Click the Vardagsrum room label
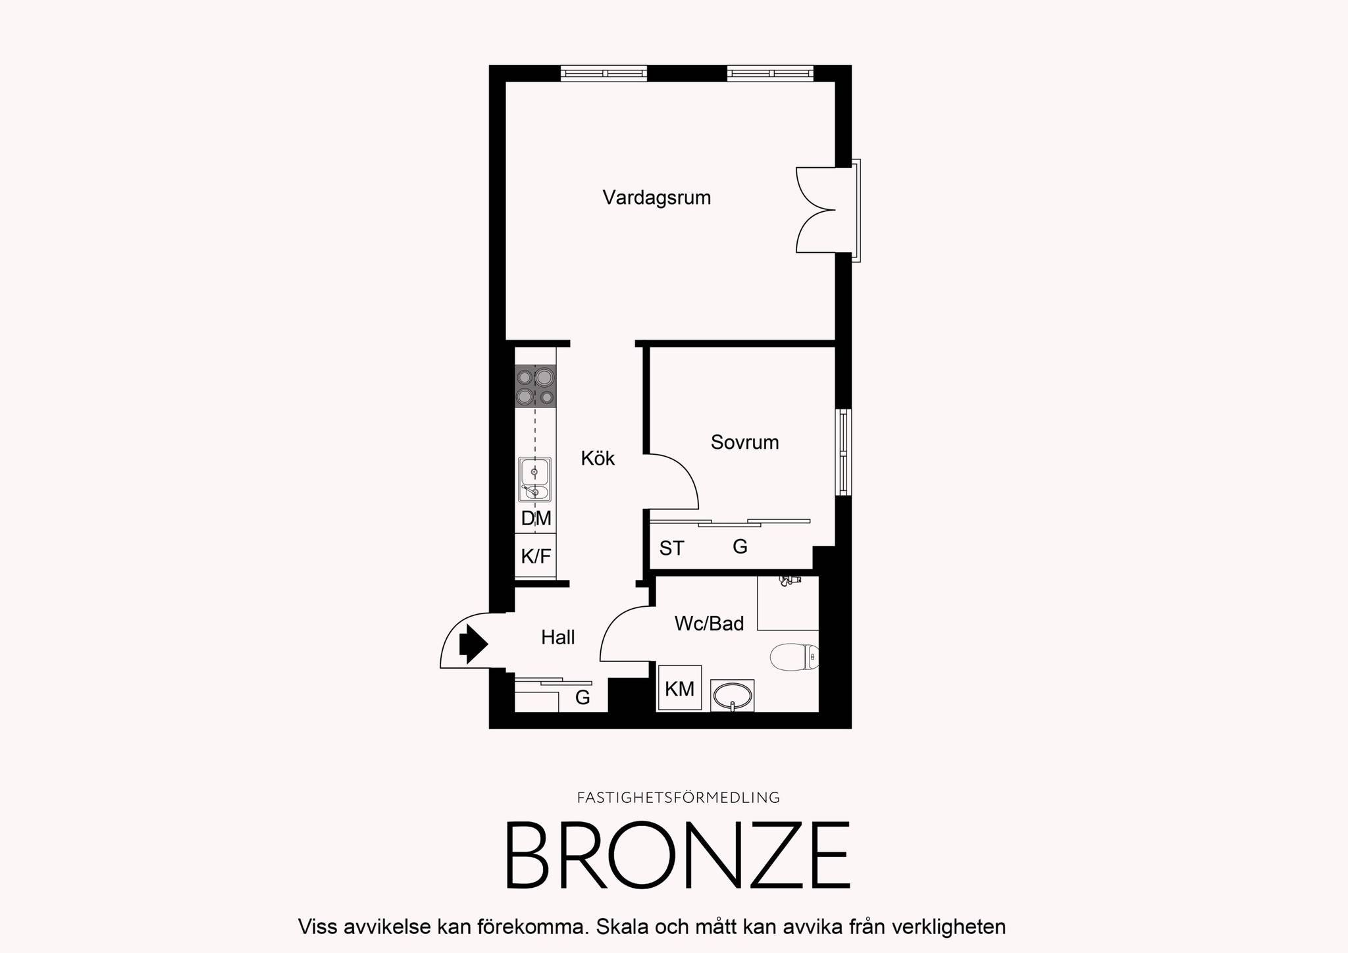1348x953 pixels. (657, 198)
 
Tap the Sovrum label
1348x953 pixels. (744, 442)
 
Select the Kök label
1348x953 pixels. (598, 458)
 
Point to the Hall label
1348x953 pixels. (558, 637)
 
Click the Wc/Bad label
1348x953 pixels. (709, 623)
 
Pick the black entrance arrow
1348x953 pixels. (473, 644)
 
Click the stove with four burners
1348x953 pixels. (535, 386)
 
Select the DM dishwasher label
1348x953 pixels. (536, 519)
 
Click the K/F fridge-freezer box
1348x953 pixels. (535, 555)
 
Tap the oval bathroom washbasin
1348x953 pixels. (732, 695)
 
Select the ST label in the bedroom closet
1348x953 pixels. (672, 548)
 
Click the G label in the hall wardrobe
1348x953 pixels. (583, 698)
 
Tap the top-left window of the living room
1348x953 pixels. (604, 73)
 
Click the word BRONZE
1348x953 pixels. (677, 855)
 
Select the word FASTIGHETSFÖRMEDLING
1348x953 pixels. (679, 798)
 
